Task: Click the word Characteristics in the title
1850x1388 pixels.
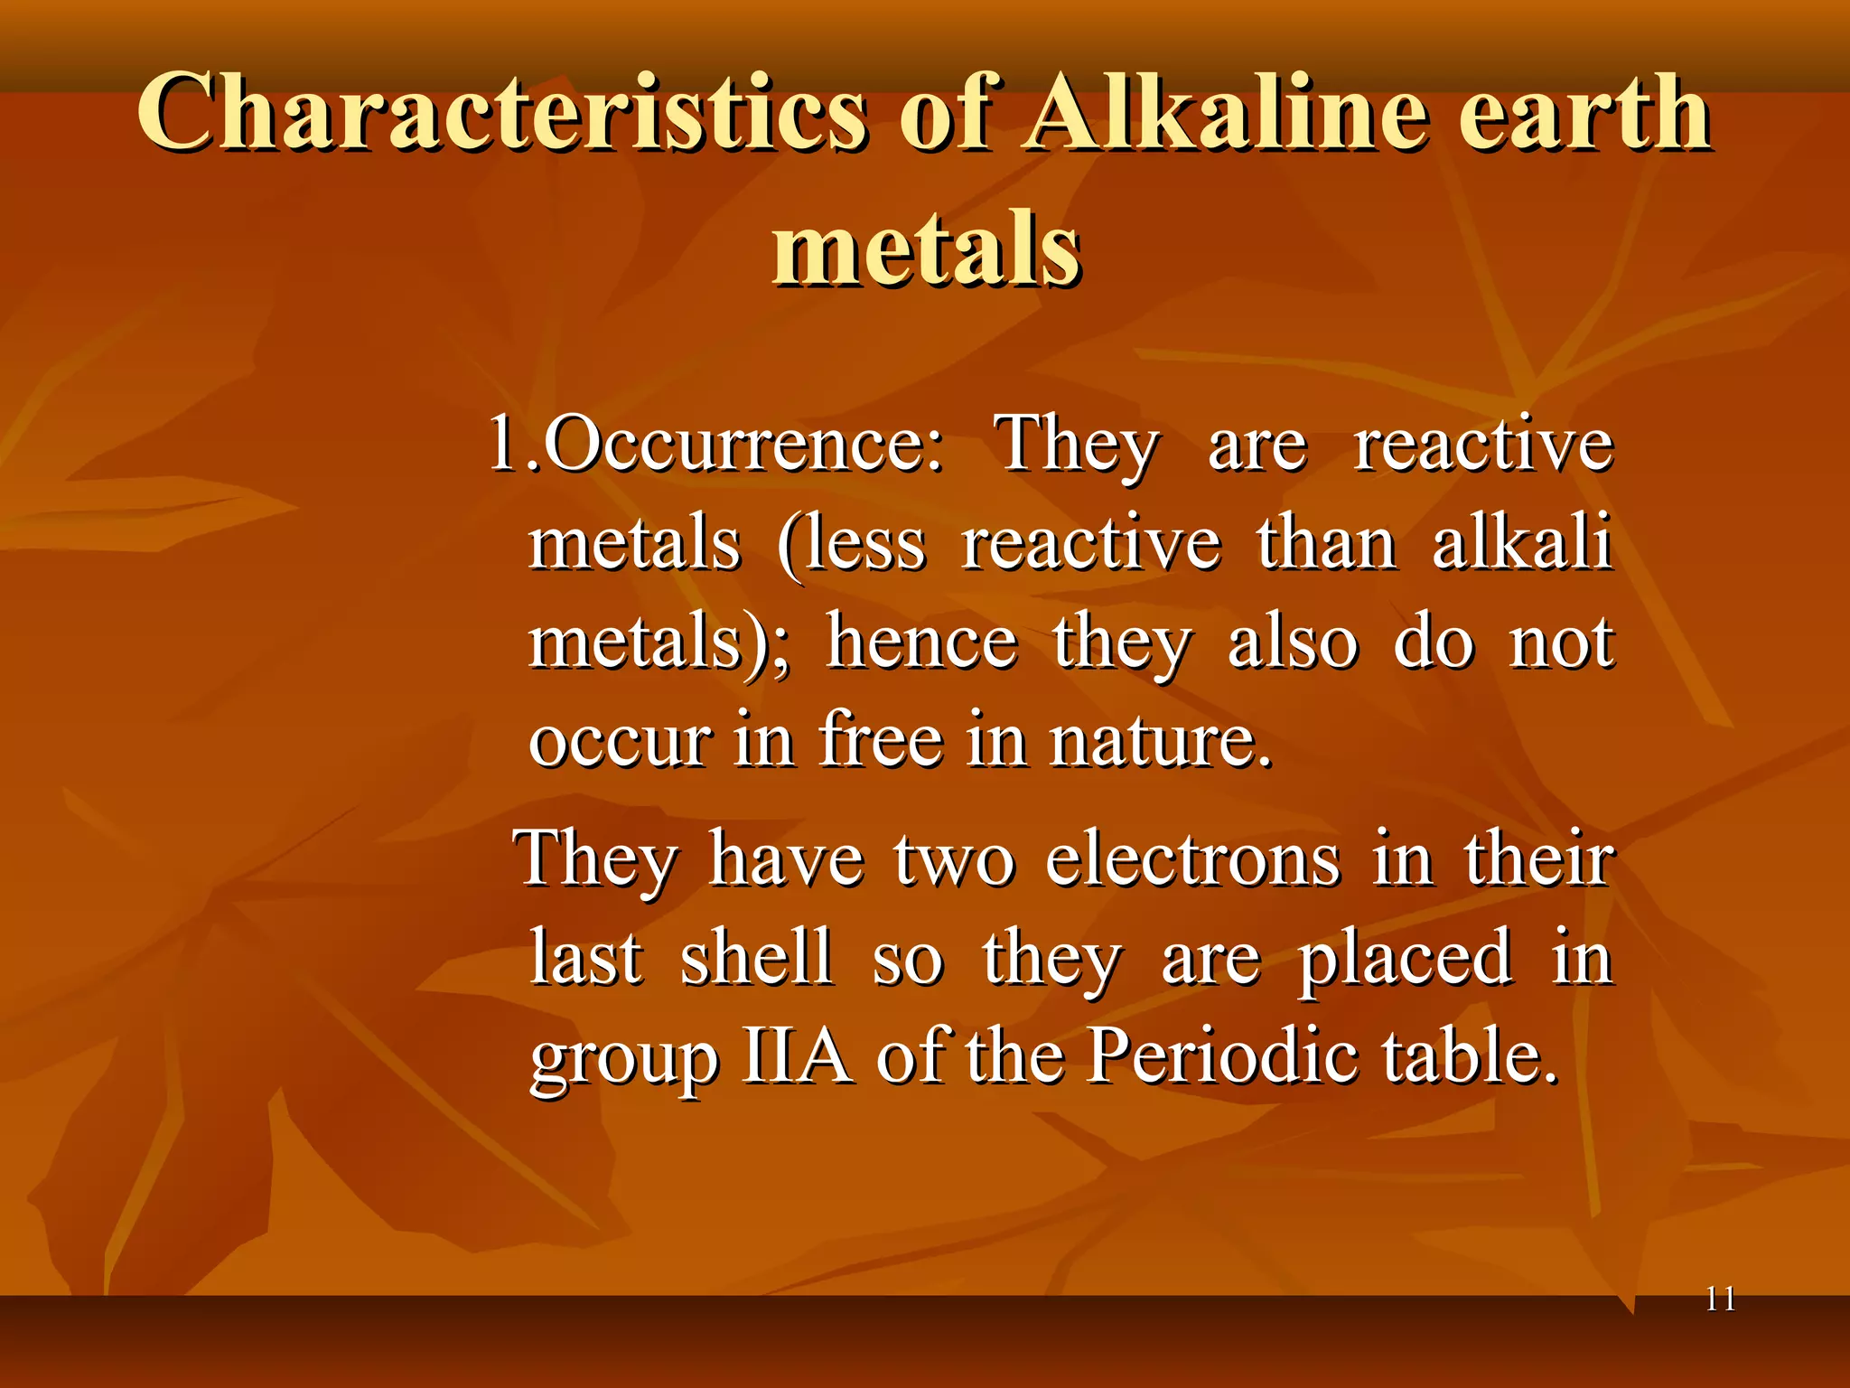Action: [x=502, y=113]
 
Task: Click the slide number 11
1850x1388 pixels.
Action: [x=1720, y=1299]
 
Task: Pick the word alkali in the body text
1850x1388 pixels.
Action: [x=1522, y=543]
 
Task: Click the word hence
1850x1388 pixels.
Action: [x=922, y=642]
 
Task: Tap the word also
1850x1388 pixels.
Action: [x=1293, y=642]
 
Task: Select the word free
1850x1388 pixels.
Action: [x=882, y=741]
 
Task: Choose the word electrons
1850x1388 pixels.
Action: [x=1192, y=859]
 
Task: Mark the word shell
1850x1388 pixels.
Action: [x=756, y=957]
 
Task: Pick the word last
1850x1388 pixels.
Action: [x=586, y=957]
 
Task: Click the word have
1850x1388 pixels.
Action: [x=786, y=859]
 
